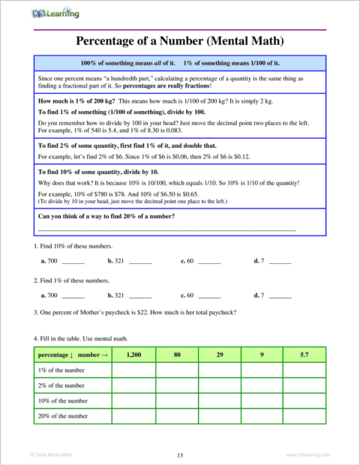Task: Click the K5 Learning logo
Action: [x=56, y=13]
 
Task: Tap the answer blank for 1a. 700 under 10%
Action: [x=73, y=262]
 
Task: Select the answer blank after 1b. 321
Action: [x=140, y=262]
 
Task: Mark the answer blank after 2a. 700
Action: [x=73, y=296]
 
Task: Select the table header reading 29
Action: [x=219, y=354]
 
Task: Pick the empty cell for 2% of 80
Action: [x=177, y=385]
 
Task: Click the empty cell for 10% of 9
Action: [x=262, y=400]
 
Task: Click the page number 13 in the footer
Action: [x=180, y=455]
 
